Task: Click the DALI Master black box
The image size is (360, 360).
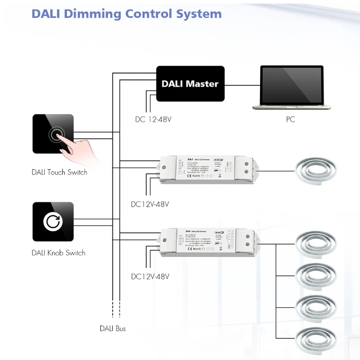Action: pyautogui.click(x=190, y=83)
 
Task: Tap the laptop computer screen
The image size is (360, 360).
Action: pyautogui.click(x=292, y=85)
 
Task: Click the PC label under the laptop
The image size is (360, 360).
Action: pyautogui.click(x=290, y=120)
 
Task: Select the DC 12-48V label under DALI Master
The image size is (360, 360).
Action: pyautogui.click(x=153, y=120)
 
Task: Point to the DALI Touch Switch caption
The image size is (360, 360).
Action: pyautogui.click(x=59, y=172)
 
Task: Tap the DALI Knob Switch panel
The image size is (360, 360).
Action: pyautogui.click(x=53, y=221)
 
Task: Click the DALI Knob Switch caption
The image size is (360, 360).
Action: pyautogui.click(x=58, y=253)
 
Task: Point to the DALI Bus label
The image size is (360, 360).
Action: pyautogui.click(x=112, y=329)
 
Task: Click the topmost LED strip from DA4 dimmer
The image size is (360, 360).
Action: pyautogui.click(x=317, y=243)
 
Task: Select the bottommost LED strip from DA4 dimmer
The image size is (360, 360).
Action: pyautogui.click(x=317, y=338)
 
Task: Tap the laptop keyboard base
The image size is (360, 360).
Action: pyautogui.click(x=292, y=107)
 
